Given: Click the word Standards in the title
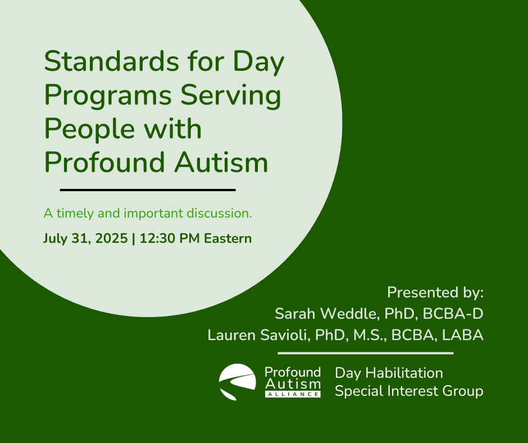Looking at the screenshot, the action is pyautogui.click(x=111, y=61).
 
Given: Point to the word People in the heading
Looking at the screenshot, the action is pyautogui.click(x=89, y=130).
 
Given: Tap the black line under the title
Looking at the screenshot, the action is pyautogui.click(x=148, y=190).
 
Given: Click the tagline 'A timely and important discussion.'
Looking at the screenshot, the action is pyautogui.click(x=148, y=214).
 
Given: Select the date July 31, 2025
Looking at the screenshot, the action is pyautogui.click(x=85, y=239).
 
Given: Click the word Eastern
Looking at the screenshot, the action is pyautogui.click(x=228, y=238).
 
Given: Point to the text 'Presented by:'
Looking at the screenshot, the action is pyautogui.click(x=435, y=293).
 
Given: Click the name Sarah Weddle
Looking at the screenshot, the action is pyautogui.click(x=325, y=314).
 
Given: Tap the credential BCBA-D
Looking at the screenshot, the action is pyautogui.click(x=453, y=314).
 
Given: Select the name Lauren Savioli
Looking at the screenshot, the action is pyautogui.click(x=258, y=335).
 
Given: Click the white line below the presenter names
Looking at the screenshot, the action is pyautogui.click(x=365, y=353).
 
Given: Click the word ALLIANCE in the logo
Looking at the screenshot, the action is pyautogui.click(x=293, y=394).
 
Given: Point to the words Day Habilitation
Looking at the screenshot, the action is pyautogui.click(x=389, y=373).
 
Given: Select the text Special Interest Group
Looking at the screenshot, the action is pyautogui.click(x=409, y=391).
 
